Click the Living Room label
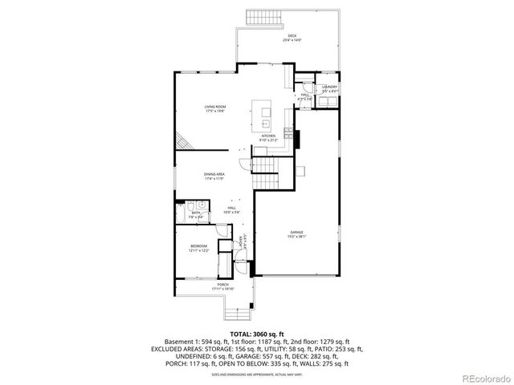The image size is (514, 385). tap(214, 108)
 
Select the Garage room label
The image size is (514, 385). tap(297, 234)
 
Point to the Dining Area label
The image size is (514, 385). tap(214, 176)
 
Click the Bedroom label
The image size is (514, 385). tap(198, 248)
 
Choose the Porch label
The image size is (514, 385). tap(222, 286)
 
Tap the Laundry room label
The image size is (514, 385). tap(329, 88)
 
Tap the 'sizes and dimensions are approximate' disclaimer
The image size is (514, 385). tap(257, 374)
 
